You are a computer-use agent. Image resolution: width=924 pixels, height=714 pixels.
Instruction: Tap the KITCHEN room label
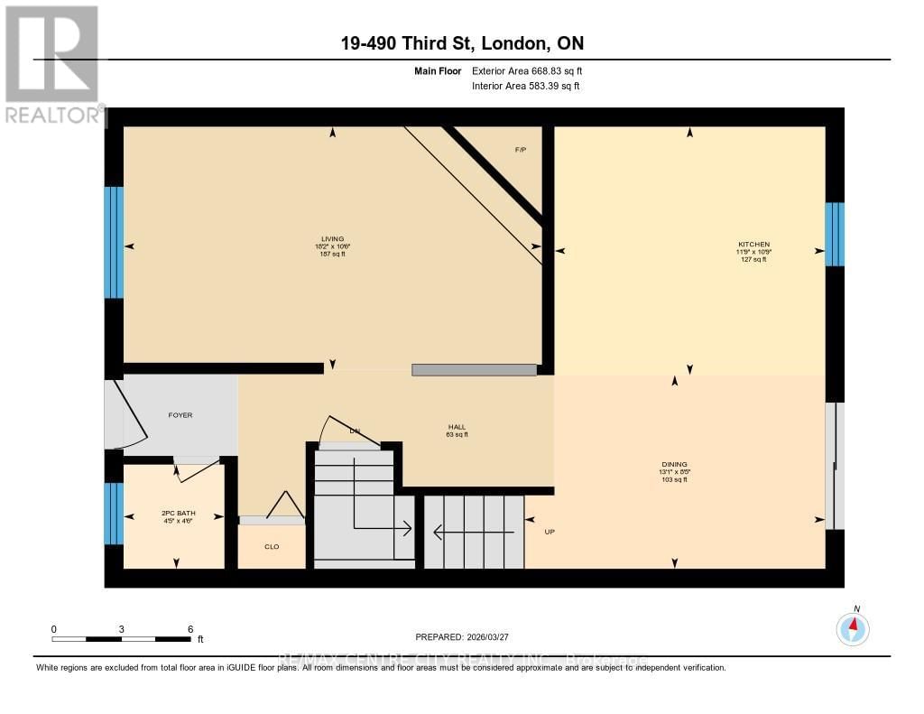coord(753,245)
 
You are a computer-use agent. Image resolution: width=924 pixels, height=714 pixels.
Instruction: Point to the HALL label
coord(457,427)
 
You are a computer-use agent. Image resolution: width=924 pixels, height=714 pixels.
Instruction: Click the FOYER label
coord(180,415)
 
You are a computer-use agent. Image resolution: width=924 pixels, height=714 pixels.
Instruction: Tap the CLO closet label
coord(272,546)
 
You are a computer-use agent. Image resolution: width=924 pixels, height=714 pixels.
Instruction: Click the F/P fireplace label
coord(520,149)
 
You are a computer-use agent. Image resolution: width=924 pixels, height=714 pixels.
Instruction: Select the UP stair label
coord(549,532)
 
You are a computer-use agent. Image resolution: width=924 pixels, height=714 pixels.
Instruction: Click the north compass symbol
coord(854,628)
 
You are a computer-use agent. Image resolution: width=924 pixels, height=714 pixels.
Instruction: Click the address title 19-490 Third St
coord(461,43)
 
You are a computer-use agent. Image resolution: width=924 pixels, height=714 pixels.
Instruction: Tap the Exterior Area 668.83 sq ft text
coord(533,70)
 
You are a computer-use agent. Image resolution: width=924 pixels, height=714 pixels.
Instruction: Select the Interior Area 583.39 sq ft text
coord(525,86)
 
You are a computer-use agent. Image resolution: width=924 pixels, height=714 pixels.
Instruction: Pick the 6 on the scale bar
coord(189,628)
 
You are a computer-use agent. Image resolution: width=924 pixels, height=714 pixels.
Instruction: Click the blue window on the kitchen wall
coord(835,235)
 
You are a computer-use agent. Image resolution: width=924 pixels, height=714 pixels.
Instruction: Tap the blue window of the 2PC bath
coord(114,514)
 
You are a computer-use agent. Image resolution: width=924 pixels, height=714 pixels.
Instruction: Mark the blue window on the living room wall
coord(114,242)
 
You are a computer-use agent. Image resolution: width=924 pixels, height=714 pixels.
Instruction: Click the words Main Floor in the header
coord(438,70)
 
